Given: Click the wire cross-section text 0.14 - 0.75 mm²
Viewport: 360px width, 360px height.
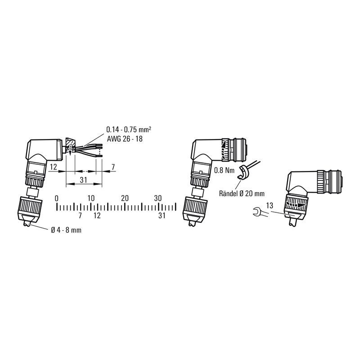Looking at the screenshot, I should click(128, 130).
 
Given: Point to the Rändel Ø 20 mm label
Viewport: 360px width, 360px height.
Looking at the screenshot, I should click(241, 193).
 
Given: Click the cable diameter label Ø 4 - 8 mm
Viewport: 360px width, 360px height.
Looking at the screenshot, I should click(66, 230).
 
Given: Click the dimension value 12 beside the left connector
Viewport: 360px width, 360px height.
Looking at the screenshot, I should click(53, 167).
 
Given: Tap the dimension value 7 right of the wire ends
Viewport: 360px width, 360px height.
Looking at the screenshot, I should click(113, 167).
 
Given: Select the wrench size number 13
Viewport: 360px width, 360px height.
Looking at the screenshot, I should click(270, 205).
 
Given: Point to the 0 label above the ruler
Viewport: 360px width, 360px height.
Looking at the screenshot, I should click(57, 198).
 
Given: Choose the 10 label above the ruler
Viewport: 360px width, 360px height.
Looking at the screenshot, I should click(91, 198).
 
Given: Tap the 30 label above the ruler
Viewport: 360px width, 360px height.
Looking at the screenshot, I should click(158, 198).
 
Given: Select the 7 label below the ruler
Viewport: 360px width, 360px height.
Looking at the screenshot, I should click(80, 216).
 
